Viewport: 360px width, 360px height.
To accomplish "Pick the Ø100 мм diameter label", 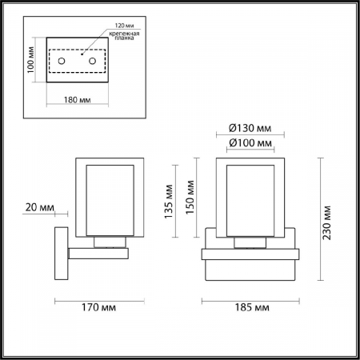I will pos(250,143).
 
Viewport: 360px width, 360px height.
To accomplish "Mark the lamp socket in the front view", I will pos(250,242).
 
